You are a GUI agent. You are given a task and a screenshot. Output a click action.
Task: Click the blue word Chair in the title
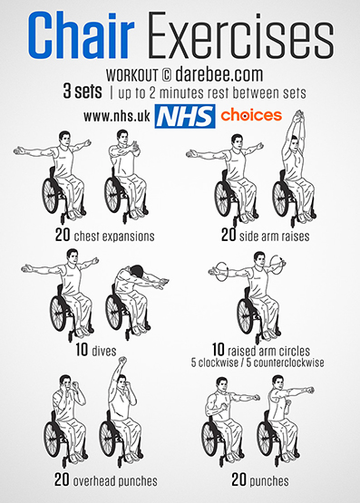pyautogui.click(x=82, y=35)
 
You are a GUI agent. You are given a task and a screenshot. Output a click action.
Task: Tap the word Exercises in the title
pyautogui.click(x=240, y=35)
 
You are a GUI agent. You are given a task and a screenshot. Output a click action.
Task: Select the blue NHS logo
pyautogui.click(x=185, y=116)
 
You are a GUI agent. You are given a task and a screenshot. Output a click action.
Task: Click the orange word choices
pyautogui.click(x=251, y=115)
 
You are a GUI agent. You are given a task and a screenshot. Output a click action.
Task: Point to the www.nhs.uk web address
pyautogui.click(x=117, y=116)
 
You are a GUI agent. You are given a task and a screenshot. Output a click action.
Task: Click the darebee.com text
pyautogui.click(x=219, y=74)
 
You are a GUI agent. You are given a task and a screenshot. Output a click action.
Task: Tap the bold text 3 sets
pyautogui.click(x=83, y=92)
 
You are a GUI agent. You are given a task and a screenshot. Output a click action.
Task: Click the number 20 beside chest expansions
pyautogui.click(x=63, y=235)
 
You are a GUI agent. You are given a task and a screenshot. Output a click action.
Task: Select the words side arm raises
pyautogui.click(x=275, y=237)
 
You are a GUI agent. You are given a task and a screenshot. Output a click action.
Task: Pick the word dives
pyautogui.click(x=104, y=351)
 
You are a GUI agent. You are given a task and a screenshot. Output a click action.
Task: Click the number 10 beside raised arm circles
pyautogui.click(x=219, y=349)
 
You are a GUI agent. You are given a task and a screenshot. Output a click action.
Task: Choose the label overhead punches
pyautogui.click(x=115, y=481)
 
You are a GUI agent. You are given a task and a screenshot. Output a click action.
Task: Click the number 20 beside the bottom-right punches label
pyautogui.click(x=238, y=480)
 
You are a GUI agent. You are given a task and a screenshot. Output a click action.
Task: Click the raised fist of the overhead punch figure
pyautogui.click(x=122, y=361)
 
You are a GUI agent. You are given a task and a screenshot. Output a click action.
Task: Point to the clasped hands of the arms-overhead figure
pyautogui.click(x=298, y=115)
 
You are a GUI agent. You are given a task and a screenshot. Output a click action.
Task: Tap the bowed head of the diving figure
pyautogui.click(x=137, y=270)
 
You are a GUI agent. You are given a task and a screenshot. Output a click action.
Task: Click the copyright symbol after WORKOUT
pyautogui.click(x=166, y=75)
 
